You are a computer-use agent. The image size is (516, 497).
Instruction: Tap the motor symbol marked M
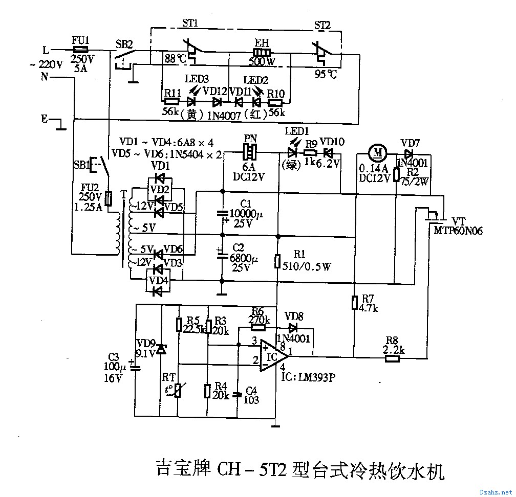tap(378, 151)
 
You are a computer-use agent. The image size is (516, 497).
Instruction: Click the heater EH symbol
tap(262, 53)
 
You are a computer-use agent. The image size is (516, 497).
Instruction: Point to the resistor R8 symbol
tap(392, 358)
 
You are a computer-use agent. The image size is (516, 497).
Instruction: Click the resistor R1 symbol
tap(277, 261)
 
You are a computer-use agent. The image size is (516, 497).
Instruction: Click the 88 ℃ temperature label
tap(174, 58)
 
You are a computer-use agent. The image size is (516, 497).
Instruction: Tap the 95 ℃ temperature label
tap(326, 75)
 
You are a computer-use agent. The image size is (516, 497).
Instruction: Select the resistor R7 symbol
tap(354, 303)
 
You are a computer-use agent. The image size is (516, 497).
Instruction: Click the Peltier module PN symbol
tap(250, 152)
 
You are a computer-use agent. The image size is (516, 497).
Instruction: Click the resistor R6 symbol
tap(259, 328)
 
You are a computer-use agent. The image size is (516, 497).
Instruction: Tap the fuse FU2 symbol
tap(108, 198)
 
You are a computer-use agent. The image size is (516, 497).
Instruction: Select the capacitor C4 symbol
tap(237, 394)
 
